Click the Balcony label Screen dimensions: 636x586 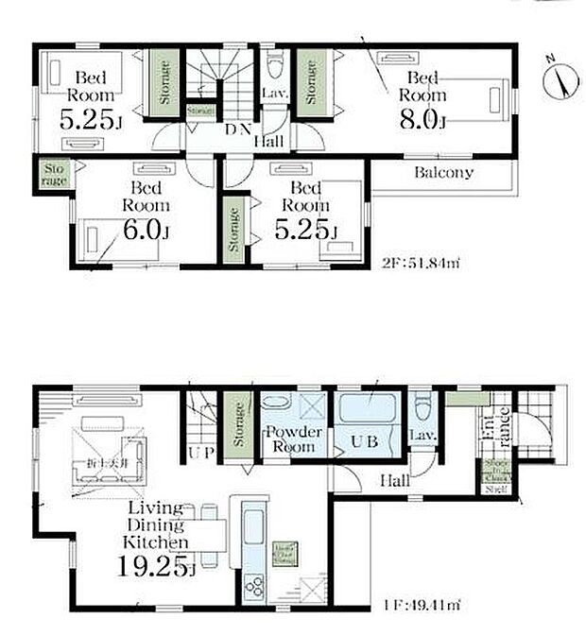coord(443,173)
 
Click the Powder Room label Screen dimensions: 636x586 coord(294,438)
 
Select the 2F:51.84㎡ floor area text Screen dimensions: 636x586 coord(421,262)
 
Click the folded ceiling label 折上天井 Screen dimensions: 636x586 coord(104,462)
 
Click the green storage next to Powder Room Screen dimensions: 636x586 coord(239,421)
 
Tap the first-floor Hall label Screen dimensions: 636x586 coord(394,480)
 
